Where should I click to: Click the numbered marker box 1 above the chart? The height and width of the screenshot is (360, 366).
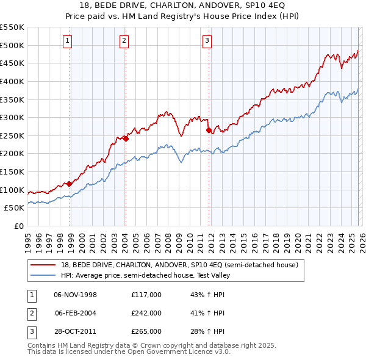pyautogui.click(x=66, y=41)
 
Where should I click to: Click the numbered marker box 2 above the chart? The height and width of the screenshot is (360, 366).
pyautogui.click(x=124, y=41)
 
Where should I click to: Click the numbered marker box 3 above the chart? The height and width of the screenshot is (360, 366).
pyautogui.click(x=207, y=41)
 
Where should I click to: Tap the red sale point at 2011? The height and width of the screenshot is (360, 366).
pyautogui.click(x=209, y=130)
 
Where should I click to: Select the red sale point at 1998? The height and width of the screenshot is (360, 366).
pyautogui.click(x=69, y=183)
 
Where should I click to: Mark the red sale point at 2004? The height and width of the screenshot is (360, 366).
pyautogui.click(x=126, y=139)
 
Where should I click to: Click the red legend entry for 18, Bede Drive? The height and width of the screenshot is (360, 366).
pyautogui.click(x=179, y=265)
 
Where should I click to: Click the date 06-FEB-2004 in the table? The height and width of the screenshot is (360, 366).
pyautogui.click(x=76, y=313)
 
